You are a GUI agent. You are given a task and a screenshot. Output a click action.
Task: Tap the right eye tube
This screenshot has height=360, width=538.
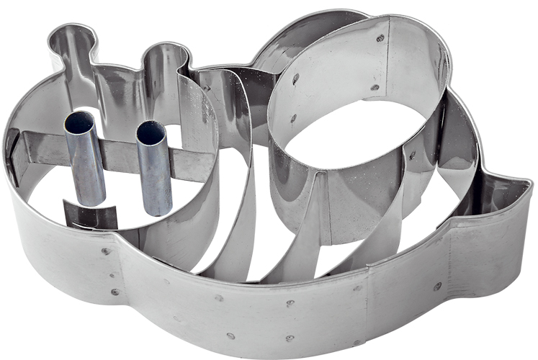coord(156,169)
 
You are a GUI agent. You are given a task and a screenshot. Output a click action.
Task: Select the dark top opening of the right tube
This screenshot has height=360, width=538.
coord(149,132)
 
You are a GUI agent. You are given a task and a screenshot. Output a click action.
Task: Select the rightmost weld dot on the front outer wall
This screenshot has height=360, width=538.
coord(437,287)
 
